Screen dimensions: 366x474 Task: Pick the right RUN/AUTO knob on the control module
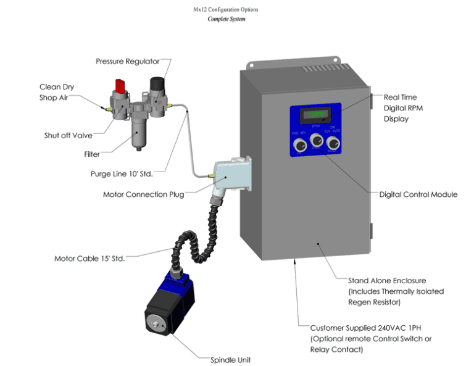coord(333,144)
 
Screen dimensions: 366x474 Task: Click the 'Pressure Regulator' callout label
coord(128,61)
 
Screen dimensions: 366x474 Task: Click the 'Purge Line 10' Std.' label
coord(122,173)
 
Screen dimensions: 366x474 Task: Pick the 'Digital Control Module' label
coord(418,194)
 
